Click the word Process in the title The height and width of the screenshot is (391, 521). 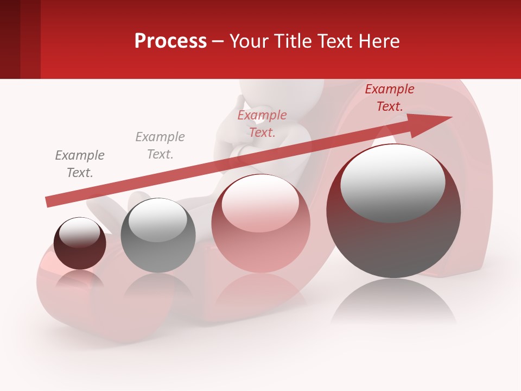coord(170,41)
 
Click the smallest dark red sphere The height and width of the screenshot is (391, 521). coord(80,243)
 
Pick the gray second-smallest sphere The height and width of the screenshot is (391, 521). coord(158,235)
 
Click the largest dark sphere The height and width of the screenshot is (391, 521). coord(393,211)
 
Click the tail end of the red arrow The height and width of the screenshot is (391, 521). coord(49,201)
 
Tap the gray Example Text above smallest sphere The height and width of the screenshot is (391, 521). coord(80,164)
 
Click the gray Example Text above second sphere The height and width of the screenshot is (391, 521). coord(160,146)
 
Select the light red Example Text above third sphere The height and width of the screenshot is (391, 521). coord(262,124)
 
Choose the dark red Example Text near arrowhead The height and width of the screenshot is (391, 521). coord(390,98)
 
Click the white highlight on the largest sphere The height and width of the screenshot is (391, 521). coord(392,182)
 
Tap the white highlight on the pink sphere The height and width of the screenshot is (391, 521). coord(260,203)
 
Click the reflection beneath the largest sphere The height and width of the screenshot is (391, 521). coord(393,301)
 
